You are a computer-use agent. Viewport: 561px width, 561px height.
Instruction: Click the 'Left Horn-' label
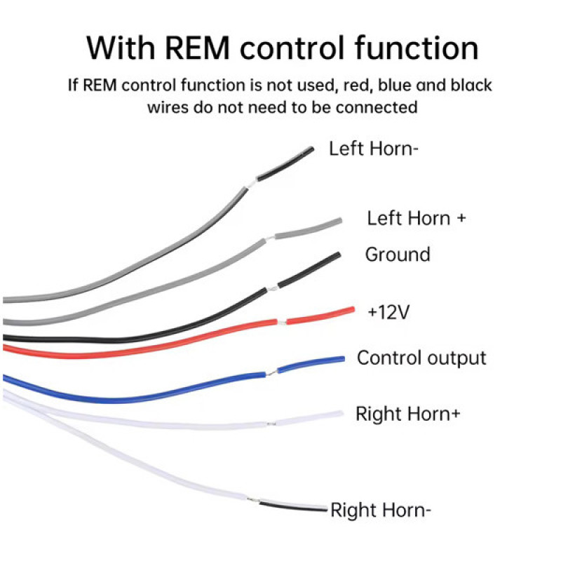point(374,149)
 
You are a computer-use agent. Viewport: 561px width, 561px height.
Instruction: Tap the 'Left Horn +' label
point(417,218)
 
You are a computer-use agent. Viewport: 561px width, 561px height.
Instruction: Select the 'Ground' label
point(398,255)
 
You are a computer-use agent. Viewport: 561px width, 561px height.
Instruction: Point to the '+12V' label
point(388,312)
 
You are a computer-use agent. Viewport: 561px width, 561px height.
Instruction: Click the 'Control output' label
point(421,358)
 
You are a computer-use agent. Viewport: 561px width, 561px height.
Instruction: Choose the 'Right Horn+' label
point(408,414)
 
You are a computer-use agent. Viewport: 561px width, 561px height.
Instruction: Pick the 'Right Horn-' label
point(381,511)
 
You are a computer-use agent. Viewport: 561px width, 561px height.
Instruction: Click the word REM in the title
point(197,48)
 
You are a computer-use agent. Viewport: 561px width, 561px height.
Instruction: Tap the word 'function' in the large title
point(417,48)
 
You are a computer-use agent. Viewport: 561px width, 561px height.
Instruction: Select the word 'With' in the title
point(121,48)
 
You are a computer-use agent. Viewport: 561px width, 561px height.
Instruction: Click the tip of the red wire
point(353,309)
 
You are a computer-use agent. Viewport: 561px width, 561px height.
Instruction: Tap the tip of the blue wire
point(343,358)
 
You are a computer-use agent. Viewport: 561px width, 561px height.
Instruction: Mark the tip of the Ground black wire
point(338,255)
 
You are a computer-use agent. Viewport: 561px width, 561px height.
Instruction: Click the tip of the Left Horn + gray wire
point(340,221)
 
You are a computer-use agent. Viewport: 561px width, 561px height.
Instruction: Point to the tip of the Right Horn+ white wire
point(342,414)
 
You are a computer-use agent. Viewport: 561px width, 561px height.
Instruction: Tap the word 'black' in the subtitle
point(471,85)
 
